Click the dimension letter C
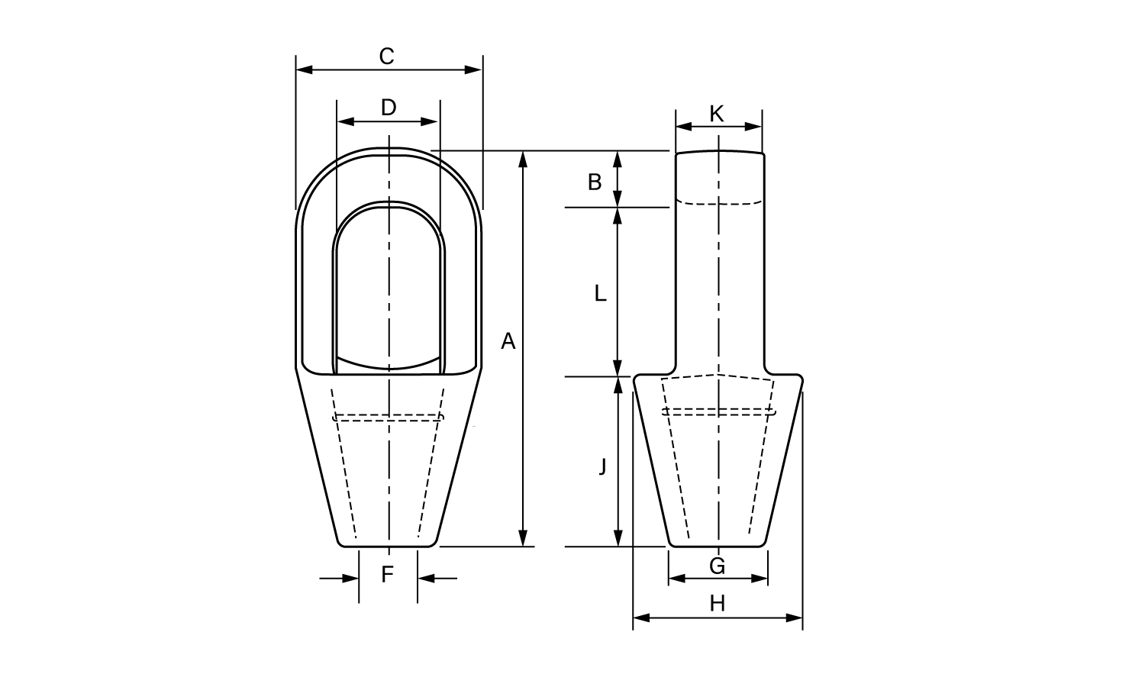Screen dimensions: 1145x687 (x=387, y=56)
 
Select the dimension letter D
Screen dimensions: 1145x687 (x=389, y=108)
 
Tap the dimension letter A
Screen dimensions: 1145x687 (x=508, y=341)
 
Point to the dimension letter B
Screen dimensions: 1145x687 (x=595, y=182)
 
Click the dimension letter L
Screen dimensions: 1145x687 (x=600, y=293)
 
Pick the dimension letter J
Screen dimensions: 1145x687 (x=603, y=466)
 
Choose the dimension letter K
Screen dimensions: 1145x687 (x=718, y=114)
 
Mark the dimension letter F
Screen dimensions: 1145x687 (x=388, y=575)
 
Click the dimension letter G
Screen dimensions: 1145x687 (x=718, y=566)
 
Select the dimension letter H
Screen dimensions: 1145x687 (x=718, y=604)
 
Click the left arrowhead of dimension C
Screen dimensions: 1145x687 (x=304, y=69)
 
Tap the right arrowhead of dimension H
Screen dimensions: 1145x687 (x=795, y=618)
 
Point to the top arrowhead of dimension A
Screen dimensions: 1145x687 (x=522, y=160)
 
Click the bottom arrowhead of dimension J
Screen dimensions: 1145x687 (x=618, y=537)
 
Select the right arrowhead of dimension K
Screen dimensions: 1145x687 (x=753, y=127)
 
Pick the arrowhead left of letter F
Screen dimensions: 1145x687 (x=350, y=579)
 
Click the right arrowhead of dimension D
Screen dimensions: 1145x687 (x=429, y=121)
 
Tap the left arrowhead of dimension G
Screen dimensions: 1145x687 (x=677, y=579)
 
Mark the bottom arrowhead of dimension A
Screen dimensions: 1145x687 (x=522, y=537)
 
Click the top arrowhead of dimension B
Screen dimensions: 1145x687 (x=618, y=160)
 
